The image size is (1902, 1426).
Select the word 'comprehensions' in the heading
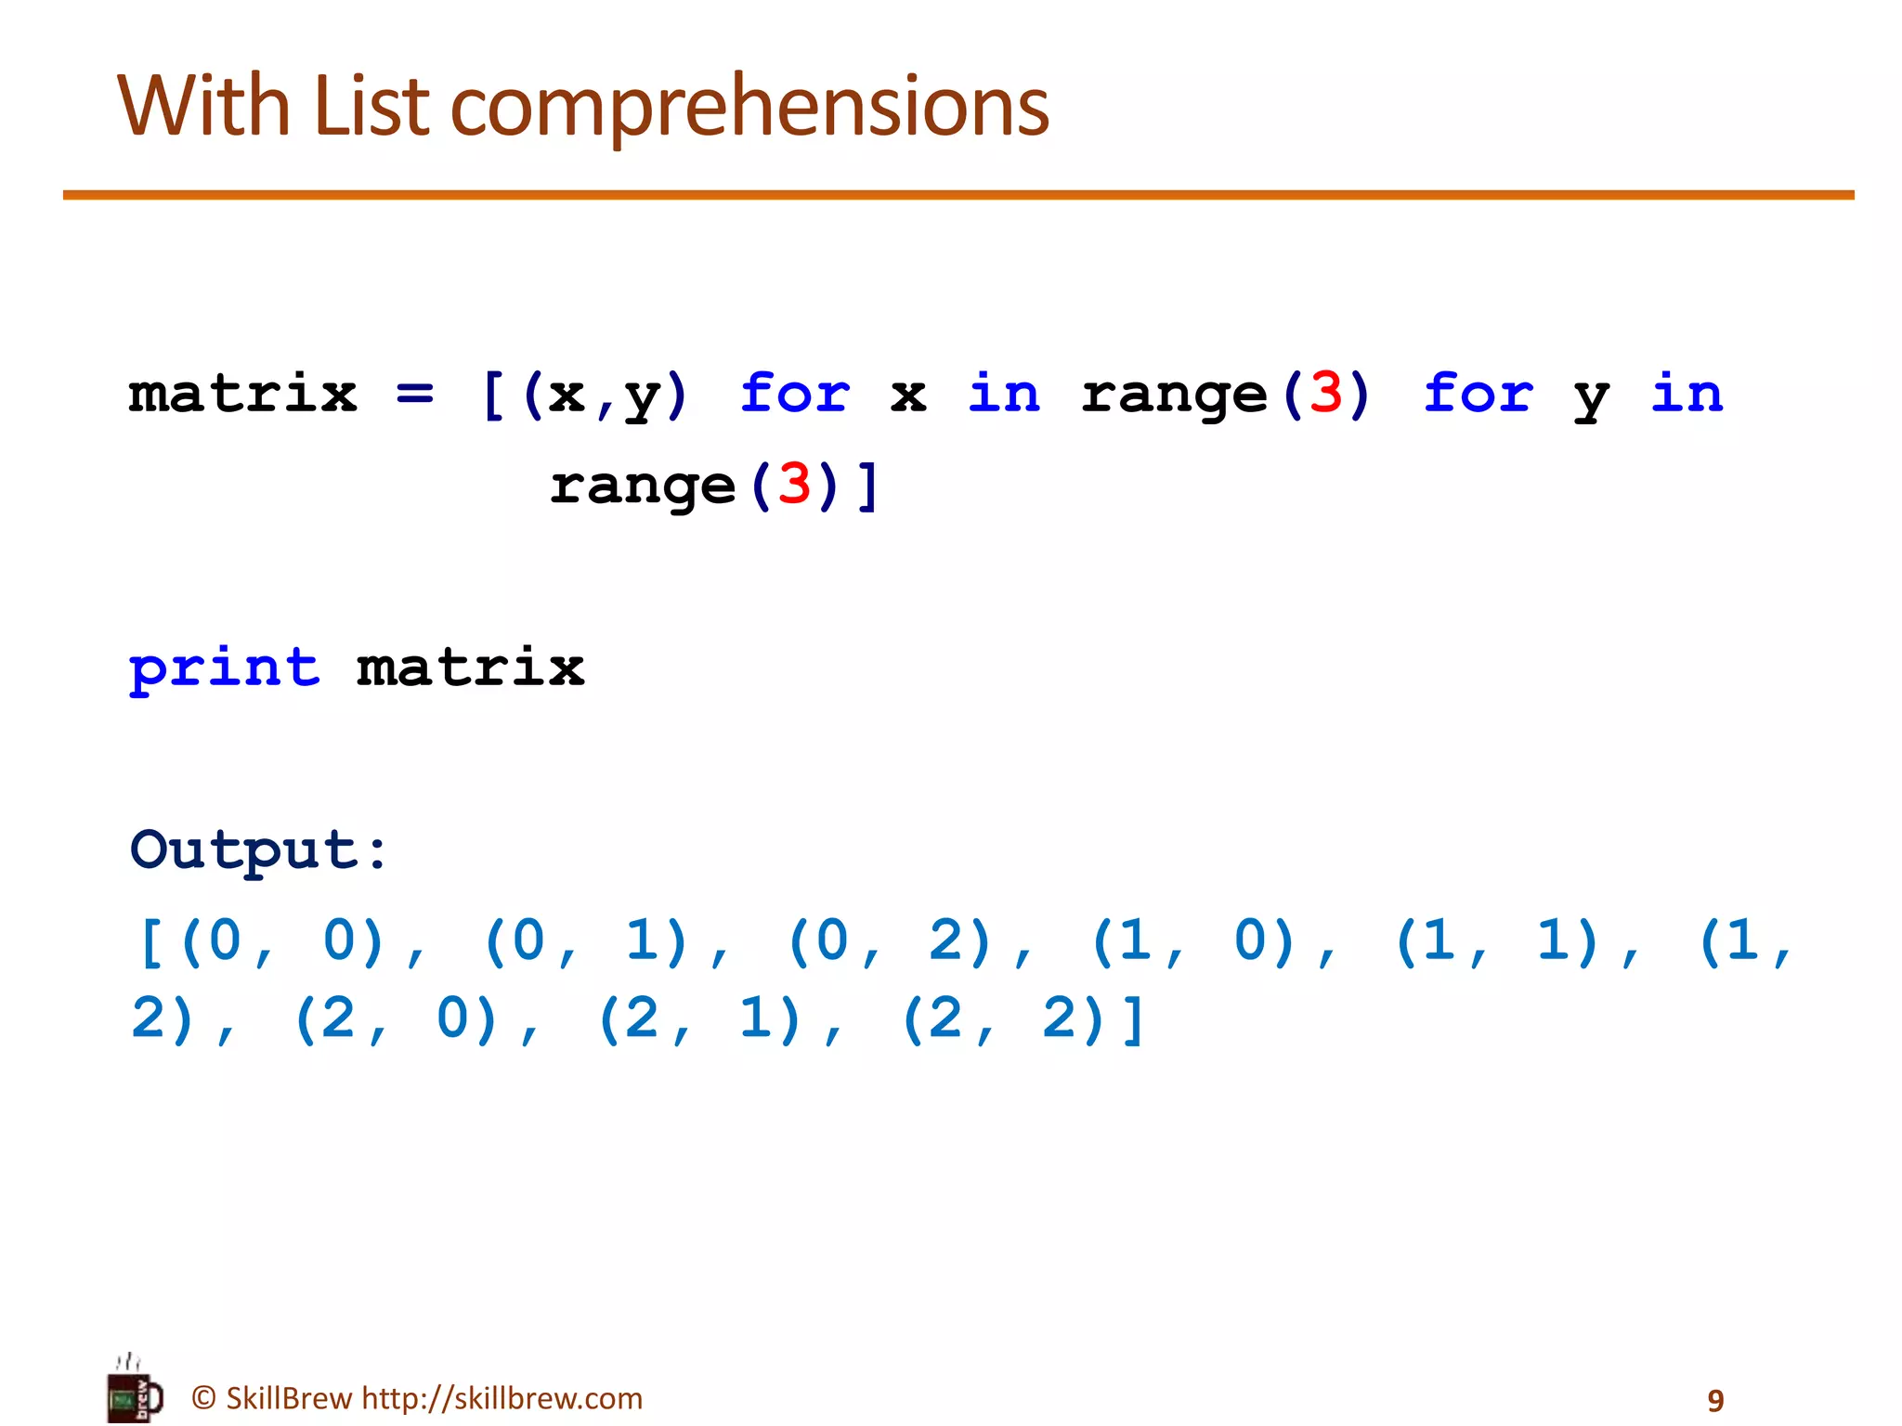click(749, 108)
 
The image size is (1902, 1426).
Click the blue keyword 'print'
click(225, 668)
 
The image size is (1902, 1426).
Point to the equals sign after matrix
click(414, 394)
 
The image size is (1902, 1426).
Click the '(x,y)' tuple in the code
click(606, 395)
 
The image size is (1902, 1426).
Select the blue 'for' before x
click(795, 393)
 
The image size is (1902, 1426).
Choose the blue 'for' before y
click(1478, 393)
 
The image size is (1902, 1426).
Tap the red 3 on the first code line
click(1325, 393)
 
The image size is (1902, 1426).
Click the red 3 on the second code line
click(794, 484)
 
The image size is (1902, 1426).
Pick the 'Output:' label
click(259, 849)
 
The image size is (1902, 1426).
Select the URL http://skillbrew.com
click(502, 1398)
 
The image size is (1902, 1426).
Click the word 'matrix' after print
click(471, 668)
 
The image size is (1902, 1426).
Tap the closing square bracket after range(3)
click(868, 486)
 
